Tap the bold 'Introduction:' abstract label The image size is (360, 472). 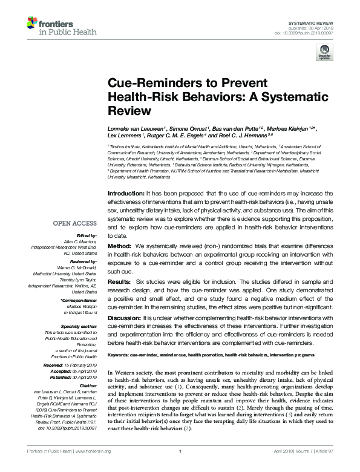(x=126, y=192)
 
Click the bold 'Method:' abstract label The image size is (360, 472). (x=119, y=247)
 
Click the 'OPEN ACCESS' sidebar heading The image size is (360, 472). (x=75, y=223)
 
